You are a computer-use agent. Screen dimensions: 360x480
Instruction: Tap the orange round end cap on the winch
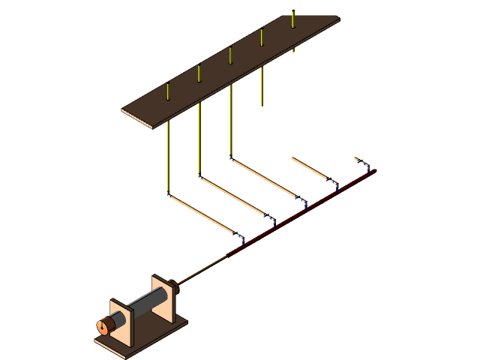[x=103, y=326]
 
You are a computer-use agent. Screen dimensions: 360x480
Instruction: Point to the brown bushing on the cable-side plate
[x=174, y=284]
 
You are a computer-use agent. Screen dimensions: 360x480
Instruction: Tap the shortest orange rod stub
[x=360, y=160]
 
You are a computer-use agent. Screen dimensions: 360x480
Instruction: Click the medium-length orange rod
[x=310, y=168]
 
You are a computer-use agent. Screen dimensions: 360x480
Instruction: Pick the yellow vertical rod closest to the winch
[x=168, y=157]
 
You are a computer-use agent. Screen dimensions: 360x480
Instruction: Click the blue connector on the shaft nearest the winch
[x=242, y=240]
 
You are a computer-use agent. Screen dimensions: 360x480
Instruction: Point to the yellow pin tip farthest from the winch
[x=292, y=18]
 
